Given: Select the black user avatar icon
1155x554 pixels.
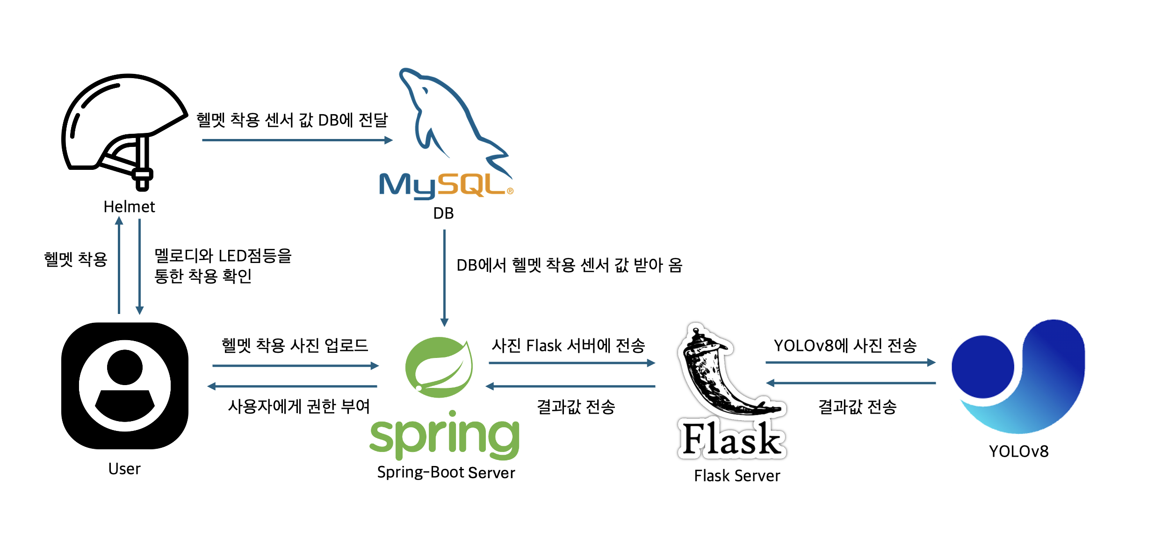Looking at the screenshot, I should (x=125, y=386).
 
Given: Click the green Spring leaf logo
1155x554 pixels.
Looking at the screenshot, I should (x=439, y=367).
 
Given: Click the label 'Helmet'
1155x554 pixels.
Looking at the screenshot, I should (x=129, y=206).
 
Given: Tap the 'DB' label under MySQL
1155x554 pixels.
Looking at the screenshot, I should (x=443, y=213).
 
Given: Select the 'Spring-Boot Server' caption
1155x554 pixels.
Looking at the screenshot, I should (x=446, y=472).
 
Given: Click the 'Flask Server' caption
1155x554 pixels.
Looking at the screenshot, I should (x=737, y=475).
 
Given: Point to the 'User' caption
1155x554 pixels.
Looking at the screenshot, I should (x=124, y=468).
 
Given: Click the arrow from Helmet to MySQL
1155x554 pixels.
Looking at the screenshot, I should (x=297, y=140).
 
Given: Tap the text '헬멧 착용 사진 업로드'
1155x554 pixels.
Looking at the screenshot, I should (x=295, y=345).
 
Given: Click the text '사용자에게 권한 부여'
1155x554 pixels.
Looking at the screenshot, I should (x=299, y=406).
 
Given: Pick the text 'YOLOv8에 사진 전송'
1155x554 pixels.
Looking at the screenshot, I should (x=845, y=345).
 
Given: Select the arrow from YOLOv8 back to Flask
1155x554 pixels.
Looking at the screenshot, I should (x=851, y=383).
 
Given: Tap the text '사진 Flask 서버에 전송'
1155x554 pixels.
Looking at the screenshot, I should (x=568, y=345).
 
